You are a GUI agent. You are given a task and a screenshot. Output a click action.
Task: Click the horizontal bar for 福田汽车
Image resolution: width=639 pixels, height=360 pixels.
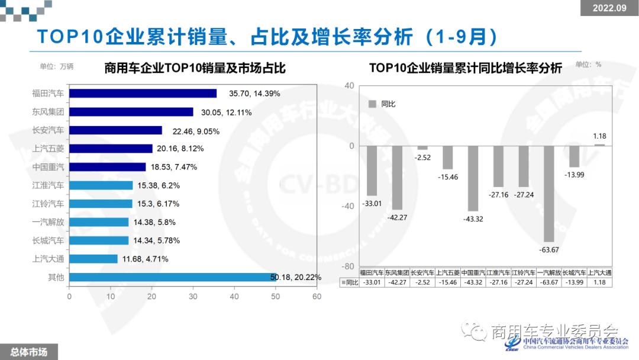coord(143,93)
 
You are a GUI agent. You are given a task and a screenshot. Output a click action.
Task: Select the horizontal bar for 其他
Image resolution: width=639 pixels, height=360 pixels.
coord(173,277)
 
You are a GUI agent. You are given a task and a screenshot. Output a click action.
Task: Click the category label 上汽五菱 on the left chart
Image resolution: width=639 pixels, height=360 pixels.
coord(49,149)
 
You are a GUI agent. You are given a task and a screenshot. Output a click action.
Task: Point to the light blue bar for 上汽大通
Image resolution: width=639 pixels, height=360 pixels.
coord(93,259)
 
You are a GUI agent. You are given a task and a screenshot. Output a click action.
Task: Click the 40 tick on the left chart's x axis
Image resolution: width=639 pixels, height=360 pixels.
coord(234,297)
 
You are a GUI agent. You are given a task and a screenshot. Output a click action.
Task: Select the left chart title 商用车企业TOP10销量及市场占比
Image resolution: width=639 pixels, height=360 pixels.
coord(195,68)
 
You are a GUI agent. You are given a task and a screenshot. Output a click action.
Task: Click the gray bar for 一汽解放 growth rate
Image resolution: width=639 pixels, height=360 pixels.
coord(549,194)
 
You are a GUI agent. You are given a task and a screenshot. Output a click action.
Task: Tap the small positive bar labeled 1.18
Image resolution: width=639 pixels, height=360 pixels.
coord(599,144)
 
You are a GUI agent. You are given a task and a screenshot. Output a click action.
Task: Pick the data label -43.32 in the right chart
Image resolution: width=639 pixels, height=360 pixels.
coord(473,219)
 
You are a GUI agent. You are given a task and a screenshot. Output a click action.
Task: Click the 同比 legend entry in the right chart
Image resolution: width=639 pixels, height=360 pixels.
coord(382,104)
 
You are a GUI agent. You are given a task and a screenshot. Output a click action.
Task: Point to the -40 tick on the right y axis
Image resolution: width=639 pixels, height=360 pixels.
coord(348,206)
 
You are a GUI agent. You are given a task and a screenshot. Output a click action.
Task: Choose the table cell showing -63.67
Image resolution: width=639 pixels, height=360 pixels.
coord(549,282)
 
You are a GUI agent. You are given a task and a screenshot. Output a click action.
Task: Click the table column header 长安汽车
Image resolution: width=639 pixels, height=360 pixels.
coord(422,273)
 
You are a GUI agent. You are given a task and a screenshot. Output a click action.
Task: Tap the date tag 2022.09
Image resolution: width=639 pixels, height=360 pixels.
coord(609,8)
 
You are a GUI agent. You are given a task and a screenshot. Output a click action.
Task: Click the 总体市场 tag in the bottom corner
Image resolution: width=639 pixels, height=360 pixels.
coord(28,352)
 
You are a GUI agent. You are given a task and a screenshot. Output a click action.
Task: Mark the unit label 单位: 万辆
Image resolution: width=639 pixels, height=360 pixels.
coord(57,67)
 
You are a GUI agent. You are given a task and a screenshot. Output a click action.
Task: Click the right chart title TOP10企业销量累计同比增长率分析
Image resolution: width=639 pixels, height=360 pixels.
coord(466,68)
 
